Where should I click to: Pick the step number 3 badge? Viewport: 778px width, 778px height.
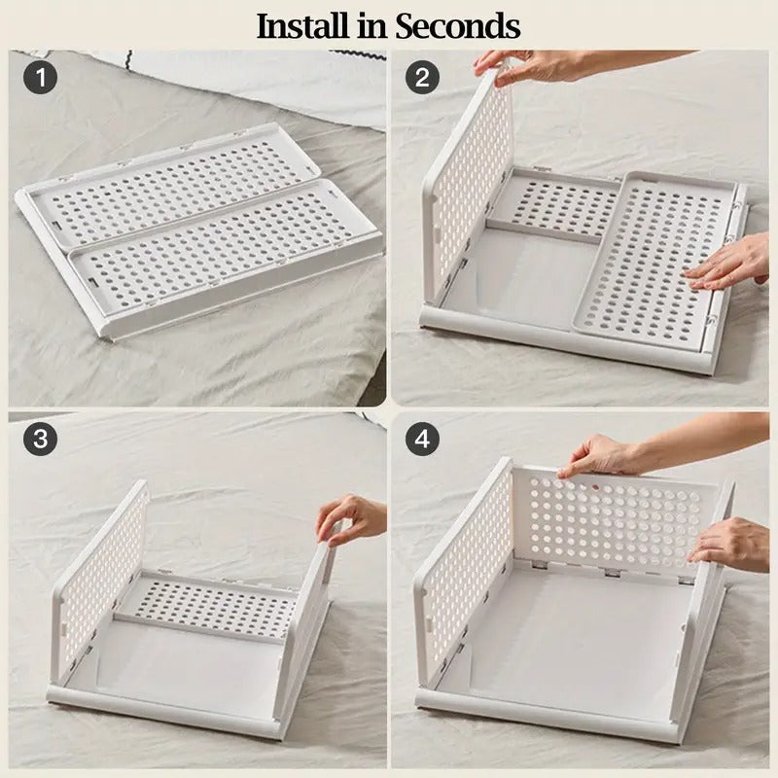(40, 439)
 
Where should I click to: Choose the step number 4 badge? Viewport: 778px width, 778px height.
(421, 439)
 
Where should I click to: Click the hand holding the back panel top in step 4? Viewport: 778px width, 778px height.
(603, 455)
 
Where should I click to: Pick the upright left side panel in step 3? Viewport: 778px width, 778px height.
(102, 574)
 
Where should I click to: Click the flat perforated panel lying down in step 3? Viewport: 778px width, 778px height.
(209, 605)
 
